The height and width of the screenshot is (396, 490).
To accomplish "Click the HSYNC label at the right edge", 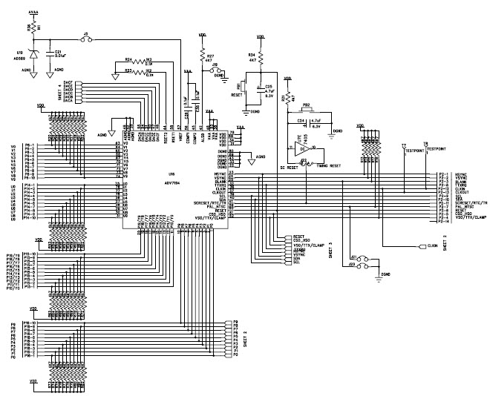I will [x=461, y=174].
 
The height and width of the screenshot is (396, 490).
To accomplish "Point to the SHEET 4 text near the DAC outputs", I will [x=59, y=93].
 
